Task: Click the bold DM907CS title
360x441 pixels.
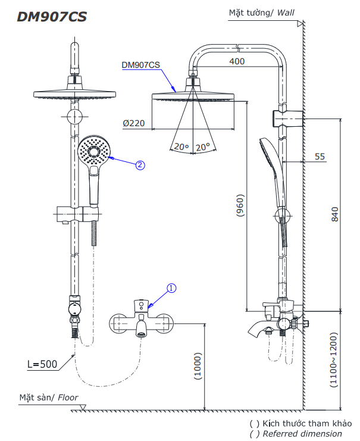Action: pyautogui.click(x=52, y=17)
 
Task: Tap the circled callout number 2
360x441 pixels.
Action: pyautogui.click(x=140, y=165)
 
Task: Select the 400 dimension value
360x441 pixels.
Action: pyautogui.click(x=236, y=61)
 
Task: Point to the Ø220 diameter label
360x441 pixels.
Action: pyautogui.click(x=134, y=123)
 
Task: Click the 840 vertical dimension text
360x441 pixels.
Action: pyautogui.click(x=334, y=214)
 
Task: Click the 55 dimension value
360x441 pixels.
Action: pyautogui.click(x=320, y=157)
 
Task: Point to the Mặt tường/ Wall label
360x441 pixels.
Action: pyautogui.click(x=261, y=12)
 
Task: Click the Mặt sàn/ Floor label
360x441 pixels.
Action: pyautogui.click(x=48, y=397)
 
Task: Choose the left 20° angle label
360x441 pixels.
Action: pyautogui.click(x=180, y=146)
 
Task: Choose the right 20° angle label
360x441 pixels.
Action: pyautogui.click(x=204, y=146)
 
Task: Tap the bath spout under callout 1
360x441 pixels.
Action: pyautogui.click(x=142, y=328)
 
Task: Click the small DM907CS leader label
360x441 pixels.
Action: pyautogui.click(x=140, y=65)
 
